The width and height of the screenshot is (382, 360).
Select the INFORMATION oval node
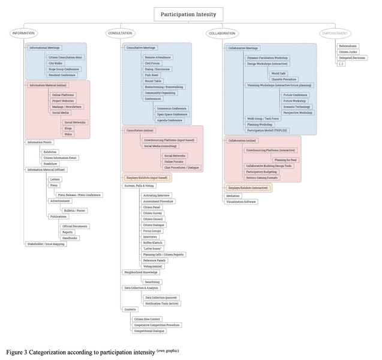click(x=23, y=33)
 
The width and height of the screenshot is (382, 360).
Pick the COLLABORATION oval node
click(x=222, y=33)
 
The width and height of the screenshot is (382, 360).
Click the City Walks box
click(x=56, y=62)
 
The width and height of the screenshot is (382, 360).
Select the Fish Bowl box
click(x=152, y=74)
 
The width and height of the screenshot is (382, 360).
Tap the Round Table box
click(x=153, y=80)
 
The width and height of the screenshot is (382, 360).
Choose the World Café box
click(x=278, y=73)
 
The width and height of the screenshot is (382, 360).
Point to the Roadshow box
click(x=50, y=163)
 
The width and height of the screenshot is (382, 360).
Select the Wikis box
click(x=68, y=135)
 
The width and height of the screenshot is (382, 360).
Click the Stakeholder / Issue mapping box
click(x=46, y=244)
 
